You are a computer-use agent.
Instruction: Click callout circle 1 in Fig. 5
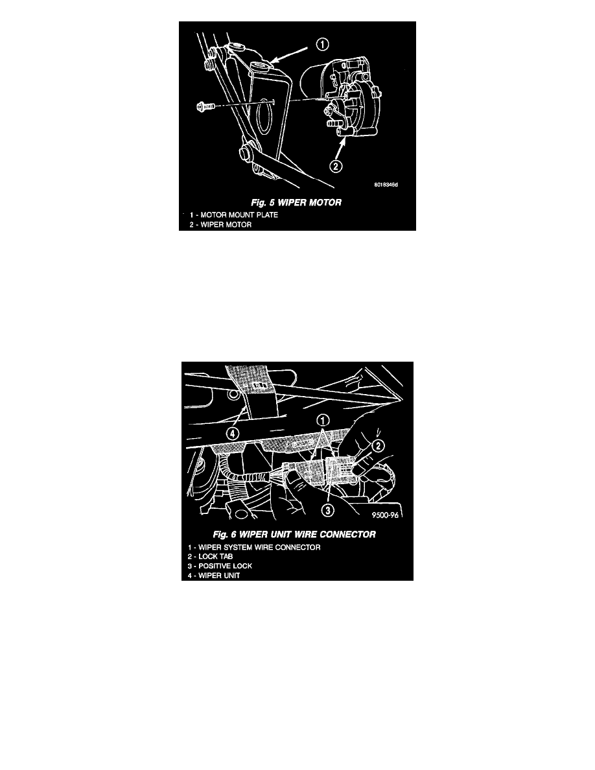pos(322,45)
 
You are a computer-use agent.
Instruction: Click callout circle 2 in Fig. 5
pos(335,167)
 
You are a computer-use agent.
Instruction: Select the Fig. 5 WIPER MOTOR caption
pos(296,202)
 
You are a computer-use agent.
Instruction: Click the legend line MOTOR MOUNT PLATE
pos(234,215)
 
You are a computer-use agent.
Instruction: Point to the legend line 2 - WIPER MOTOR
pos(220,225)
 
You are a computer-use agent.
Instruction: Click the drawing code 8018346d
pos(386,185)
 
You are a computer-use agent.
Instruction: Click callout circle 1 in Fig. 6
pos(323,420)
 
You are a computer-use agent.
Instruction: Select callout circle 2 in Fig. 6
pos(378,446)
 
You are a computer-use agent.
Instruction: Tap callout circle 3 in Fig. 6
pos(328,510)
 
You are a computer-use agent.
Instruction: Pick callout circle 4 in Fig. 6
pos(233,434)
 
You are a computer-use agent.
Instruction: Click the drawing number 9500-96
pos(386,515)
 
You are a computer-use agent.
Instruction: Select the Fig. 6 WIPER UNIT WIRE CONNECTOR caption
pos(294,534)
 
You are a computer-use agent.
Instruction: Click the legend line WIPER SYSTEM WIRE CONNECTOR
pos(254,548)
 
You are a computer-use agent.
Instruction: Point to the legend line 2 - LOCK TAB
pos(210,557)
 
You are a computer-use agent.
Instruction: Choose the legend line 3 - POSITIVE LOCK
pos(220,566)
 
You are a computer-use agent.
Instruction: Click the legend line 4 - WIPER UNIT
pos(213,576)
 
